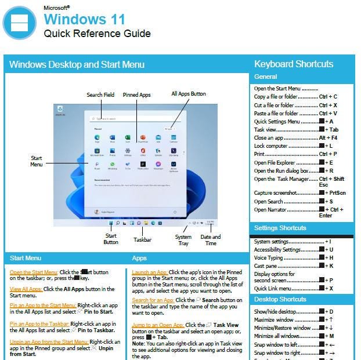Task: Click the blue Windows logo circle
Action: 19,23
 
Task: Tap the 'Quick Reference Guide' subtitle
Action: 97,34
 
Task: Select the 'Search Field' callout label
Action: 100,95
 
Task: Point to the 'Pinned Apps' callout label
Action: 136,95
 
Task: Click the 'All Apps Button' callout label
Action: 188,94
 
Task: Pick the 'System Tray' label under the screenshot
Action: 183,240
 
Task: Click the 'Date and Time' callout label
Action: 210,240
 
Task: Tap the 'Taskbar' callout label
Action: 142,239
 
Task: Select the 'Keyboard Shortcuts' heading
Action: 294,64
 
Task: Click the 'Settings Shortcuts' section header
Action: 280,228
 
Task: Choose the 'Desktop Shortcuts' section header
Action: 280,299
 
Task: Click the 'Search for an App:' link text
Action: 153,300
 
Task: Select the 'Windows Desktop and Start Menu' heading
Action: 77,64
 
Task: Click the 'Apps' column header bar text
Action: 139,257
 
